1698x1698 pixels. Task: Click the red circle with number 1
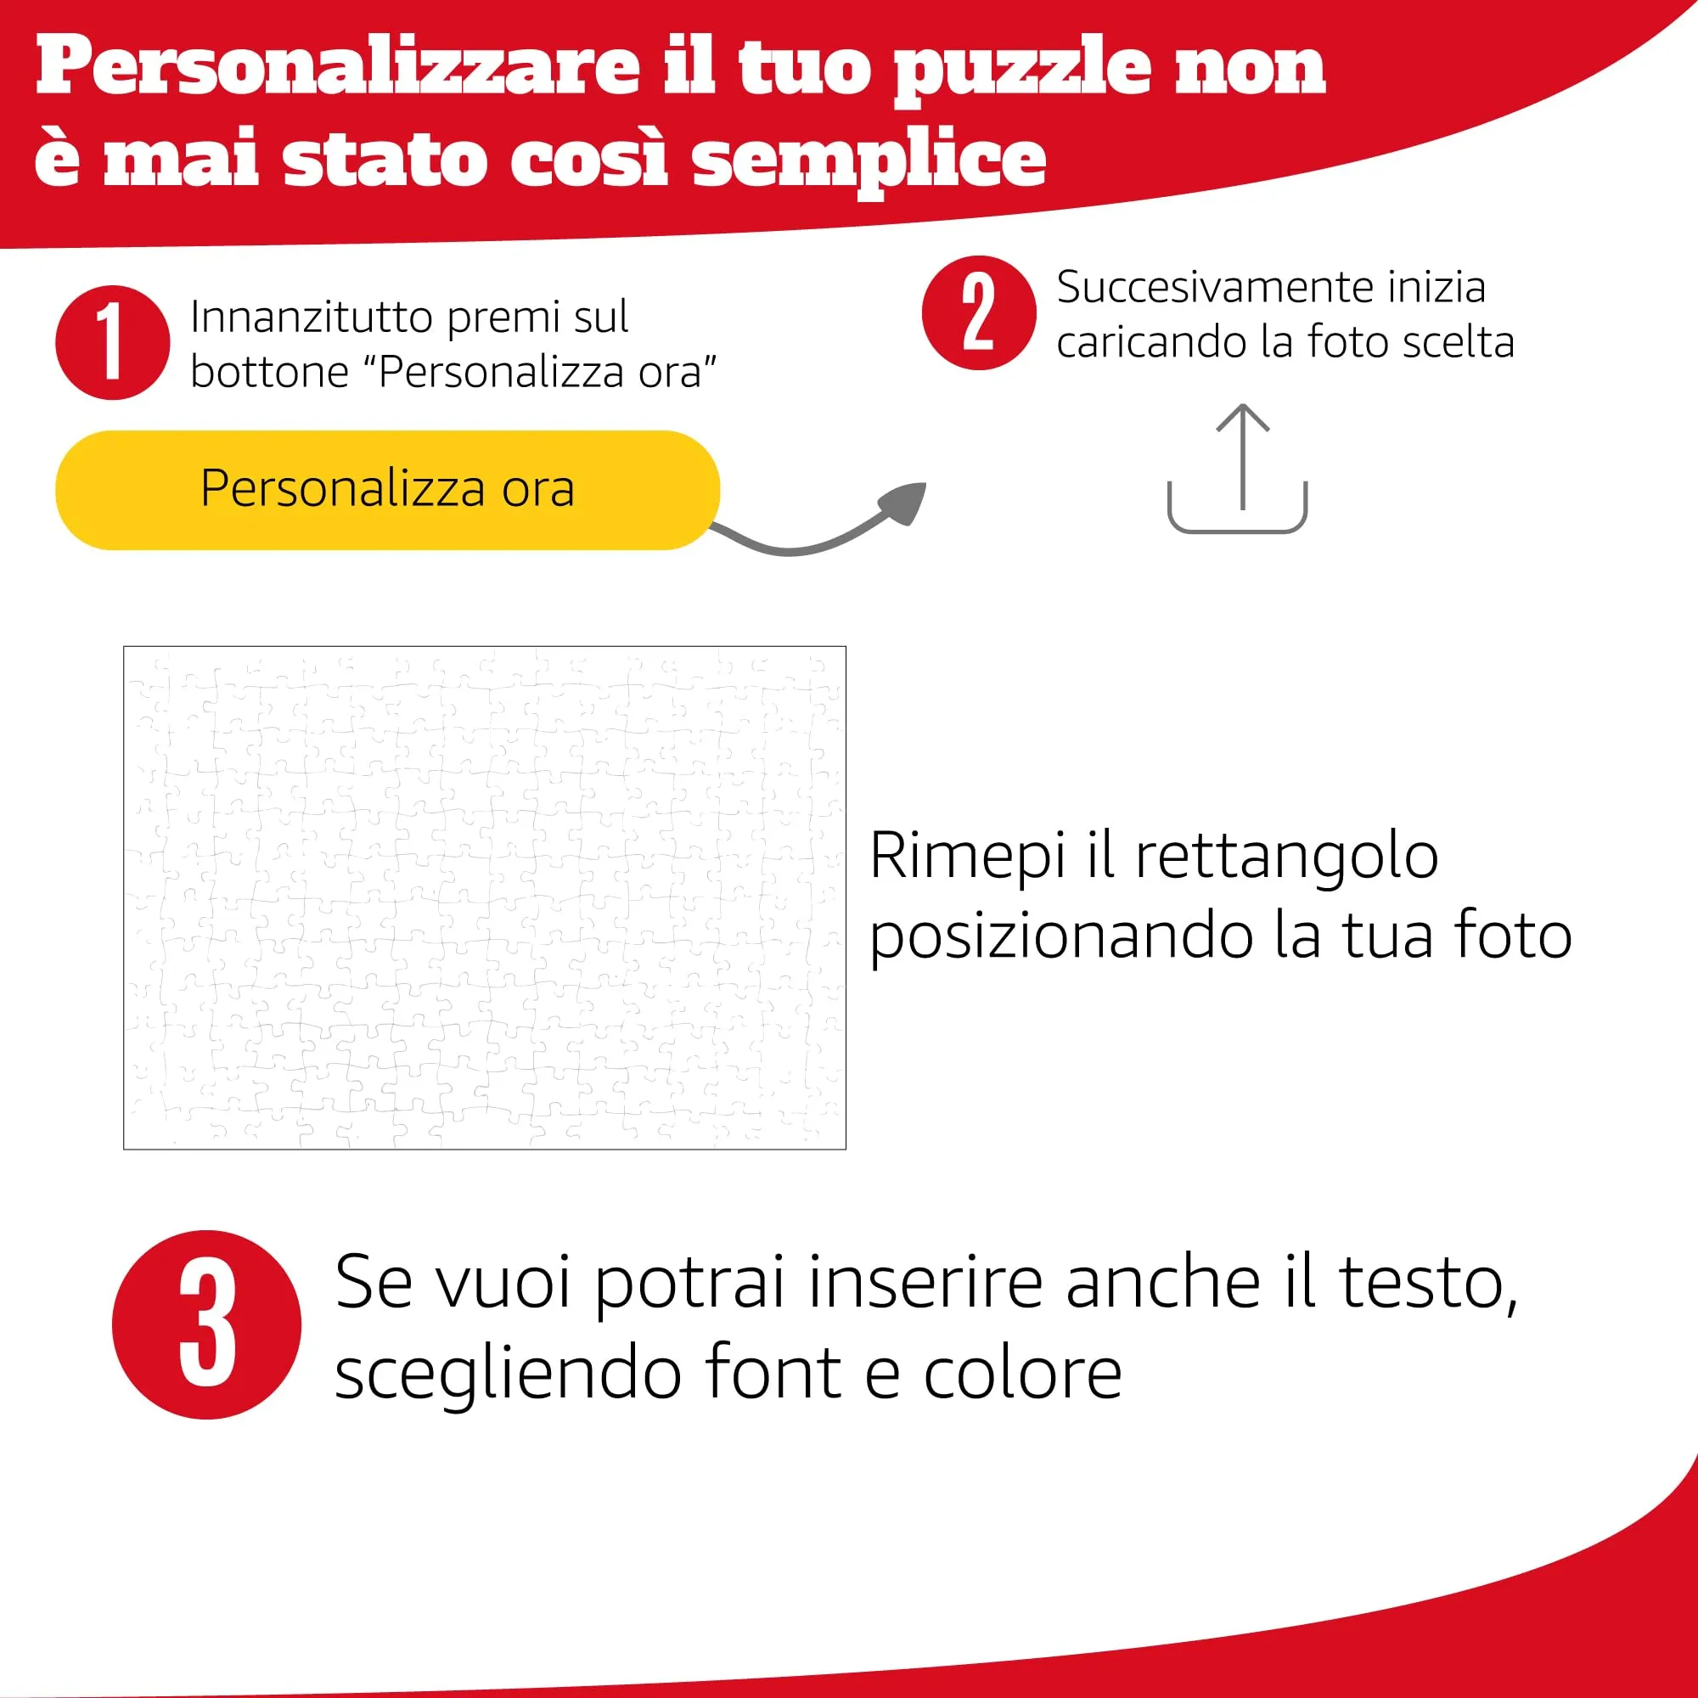pos(113,342)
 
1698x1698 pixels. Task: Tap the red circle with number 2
pos(979,313)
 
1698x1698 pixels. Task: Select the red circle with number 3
pos(206,1324)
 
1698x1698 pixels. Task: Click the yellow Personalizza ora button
pos(388,490)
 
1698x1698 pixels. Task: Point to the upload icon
pos(1238,469)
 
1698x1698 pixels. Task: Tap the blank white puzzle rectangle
pos(484,897)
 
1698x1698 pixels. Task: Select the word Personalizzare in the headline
pos(339,65)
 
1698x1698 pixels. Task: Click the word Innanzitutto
pos(314,317)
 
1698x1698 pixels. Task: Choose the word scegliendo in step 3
pos(509,1373)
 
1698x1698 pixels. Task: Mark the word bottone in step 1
pos(270,371)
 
